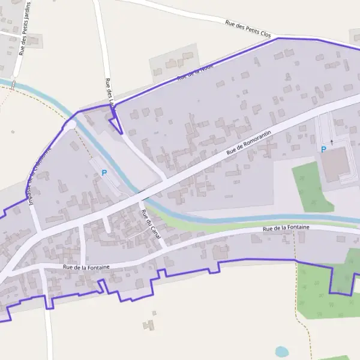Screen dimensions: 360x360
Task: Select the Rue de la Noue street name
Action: [195, 73]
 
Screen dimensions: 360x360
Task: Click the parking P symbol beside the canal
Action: [104, 173]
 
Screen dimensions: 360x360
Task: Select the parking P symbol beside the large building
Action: [323, 149]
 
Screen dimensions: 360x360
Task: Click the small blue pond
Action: [281, 352]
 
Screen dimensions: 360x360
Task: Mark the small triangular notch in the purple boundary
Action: [116, 124]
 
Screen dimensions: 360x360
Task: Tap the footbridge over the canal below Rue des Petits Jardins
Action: [13, 85]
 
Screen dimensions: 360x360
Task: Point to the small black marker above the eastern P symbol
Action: [331, 141]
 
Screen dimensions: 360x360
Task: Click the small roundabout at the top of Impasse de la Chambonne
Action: [70, 124]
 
